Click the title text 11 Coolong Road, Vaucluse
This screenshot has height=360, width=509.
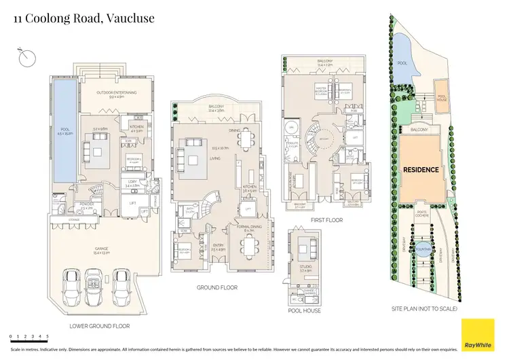[84, 18]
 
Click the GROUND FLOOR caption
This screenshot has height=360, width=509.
[217, 287]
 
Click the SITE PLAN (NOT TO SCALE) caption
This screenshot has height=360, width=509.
[426, 309]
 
